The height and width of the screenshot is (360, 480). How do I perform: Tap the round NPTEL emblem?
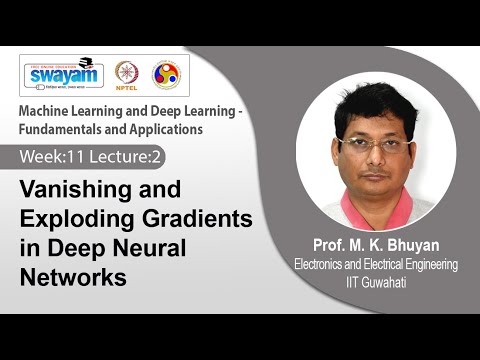tap(126, 73)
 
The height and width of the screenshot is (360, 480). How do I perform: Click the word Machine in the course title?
tap(51, 109)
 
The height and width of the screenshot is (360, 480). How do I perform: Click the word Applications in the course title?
tap(170, 128)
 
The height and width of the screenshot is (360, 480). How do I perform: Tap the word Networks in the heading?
tap(74, 277)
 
